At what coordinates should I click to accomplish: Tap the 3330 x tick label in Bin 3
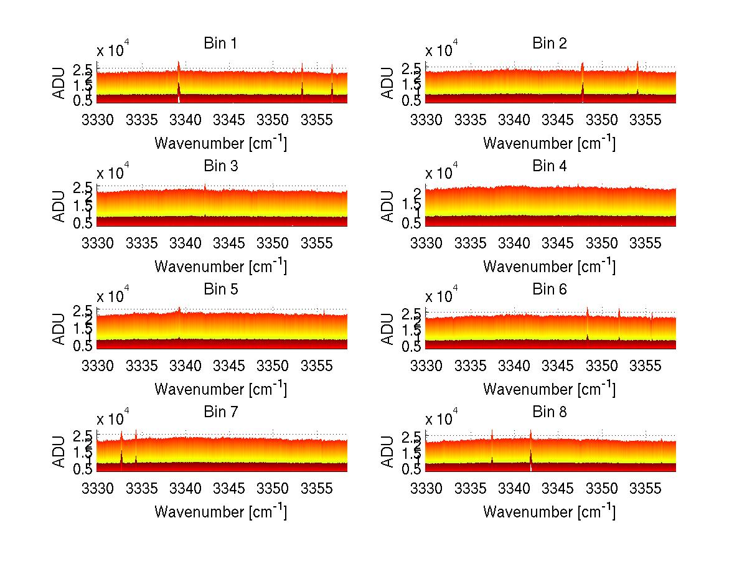(98, 242)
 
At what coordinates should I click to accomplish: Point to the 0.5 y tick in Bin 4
(416, 223)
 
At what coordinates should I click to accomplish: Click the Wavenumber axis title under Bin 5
(220, 389)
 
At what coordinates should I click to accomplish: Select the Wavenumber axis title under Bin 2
(549, 143)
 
